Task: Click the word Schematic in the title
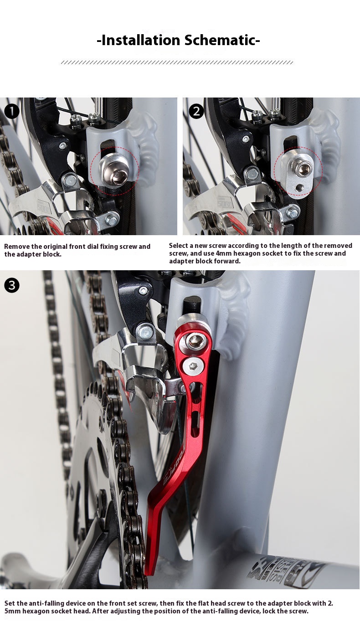click(x=222, y=40)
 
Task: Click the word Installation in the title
click(x=141, y=40)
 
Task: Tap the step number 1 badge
click(x=12, y=111)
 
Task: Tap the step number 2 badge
click(x=196, y=111)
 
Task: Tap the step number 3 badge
click(x=12, y=285)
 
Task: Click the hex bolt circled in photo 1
click(x=114, y=172)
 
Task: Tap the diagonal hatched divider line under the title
click(x=177, y=62)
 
